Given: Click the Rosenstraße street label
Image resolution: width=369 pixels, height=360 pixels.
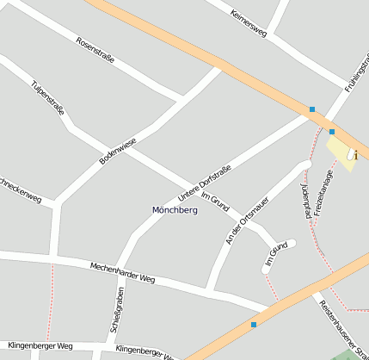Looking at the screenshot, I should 95,53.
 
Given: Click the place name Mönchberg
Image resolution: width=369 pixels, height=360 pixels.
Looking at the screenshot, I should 175,210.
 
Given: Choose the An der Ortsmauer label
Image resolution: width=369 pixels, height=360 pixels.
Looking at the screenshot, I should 247,220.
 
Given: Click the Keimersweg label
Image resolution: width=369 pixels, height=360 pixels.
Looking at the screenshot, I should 249,22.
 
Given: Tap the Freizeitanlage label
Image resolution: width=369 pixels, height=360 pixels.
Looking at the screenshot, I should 323,192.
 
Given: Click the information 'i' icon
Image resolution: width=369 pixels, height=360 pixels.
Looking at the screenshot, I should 353,154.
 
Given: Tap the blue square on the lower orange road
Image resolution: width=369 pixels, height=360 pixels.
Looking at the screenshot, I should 254,325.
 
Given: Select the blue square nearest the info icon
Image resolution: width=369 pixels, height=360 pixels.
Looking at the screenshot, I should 332,132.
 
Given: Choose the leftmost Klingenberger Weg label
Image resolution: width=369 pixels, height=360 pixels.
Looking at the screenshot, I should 40,345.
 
